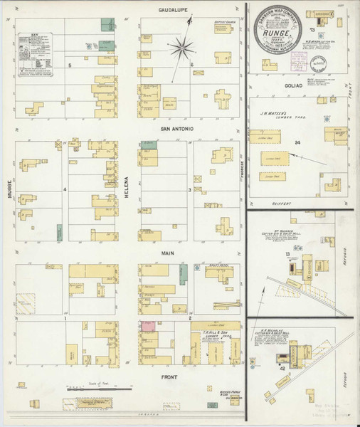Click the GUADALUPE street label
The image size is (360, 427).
point(173,11)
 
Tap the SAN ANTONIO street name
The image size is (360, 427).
point(174,129)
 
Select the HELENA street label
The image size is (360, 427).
point(129,186)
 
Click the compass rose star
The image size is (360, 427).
point(182,49)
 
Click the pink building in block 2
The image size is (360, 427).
point(149,326)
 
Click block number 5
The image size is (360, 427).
point(70,65)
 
